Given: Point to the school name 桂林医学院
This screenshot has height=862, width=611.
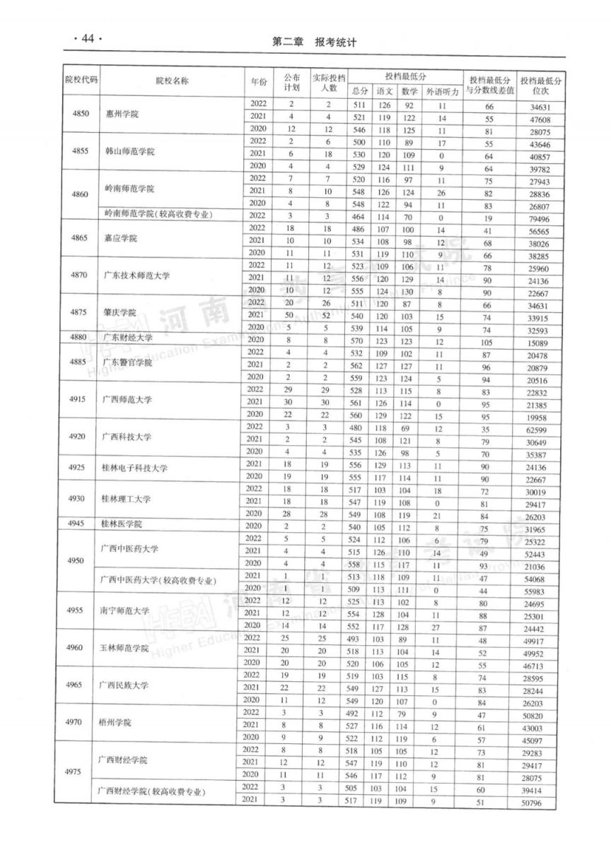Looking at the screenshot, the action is point(122,524).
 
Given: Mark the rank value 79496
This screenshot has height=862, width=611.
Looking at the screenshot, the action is point(541,218).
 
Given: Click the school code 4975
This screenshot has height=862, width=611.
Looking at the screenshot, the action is point(75,772).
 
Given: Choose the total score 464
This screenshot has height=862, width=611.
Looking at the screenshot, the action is point(359,218).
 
